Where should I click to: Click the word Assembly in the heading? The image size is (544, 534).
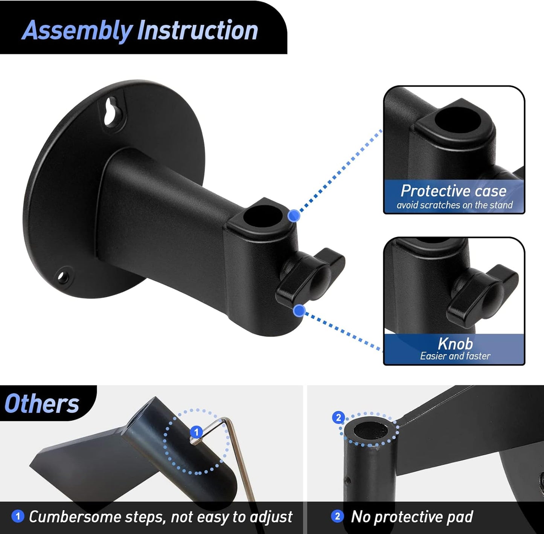click(77, 31)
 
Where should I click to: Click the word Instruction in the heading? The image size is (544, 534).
click(198, 31)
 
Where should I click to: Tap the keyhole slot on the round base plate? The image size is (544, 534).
click(111, 112)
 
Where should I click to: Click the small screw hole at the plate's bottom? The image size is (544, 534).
click(63, 277)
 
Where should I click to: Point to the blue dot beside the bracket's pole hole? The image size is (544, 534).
click(294, 216)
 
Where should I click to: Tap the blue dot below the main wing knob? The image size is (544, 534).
click(299, 311)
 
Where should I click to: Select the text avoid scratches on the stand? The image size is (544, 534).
click(454, 205)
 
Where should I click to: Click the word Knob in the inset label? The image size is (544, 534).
click(455, 343)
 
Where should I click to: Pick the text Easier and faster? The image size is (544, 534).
click(455, 356)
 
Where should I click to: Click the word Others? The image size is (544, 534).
click(42, 404)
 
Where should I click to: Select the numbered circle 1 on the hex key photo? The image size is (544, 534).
click(196, 432)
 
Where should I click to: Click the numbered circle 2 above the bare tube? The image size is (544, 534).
click(338, 418)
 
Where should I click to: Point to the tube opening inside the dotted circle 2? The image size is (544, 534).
click(371, 431)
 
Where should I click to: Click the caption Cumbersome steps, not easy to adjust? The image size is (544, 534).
click(160, 517)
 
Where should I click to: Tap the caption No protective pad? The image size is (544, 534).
click(412, 517)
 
